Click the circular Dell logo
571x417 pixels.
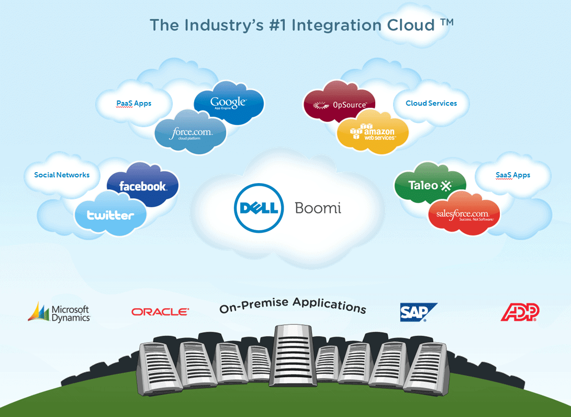pos(259,208)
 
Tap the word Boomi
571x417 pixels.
pos(318,208)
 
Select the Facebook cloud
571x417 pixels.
pos(143,186)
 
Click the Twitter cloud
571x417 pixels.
pos(110,215)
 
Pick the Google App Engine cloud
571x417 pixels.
pos(228,103)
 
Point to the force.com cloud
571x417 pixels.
pos(191,133)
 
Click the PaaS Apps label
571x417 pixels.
pos(134,103)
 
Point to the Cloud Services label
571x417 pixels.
pos(431,103)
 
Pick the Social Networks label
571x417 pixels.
pos(62,175)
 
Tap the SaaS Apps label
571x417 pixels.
pos(513,175)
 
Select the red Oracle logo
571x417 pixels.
pos(160,312)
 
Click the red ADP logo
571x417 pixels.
pos(520,312)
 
